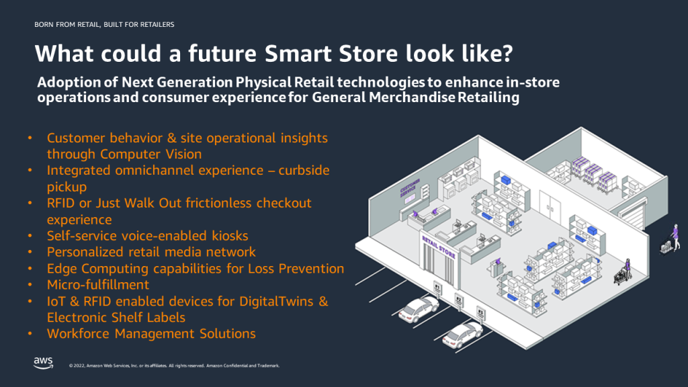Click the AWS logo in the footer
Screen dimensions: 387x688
pyautogui.click(x=43, y=363)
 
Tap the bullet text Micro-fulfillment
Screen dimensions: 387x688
pyautogui.click(x=98, y=284)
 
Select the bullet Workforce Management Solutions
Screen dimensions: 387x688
pyautogui.click(x=151, y=333)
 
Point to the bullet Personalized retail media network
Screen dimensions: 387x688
pyautogui.click(x=151, y=252)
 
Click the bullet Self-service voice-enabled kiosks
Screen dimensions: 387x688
pyautogui.click(x=147, y=236)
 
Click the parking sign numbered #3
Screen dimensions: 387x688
pyautogui.click(x=480, y=312)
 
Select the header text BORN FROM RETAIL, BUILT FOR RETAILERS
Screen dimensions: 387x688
pyautogui.click(x=103, y=25)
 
